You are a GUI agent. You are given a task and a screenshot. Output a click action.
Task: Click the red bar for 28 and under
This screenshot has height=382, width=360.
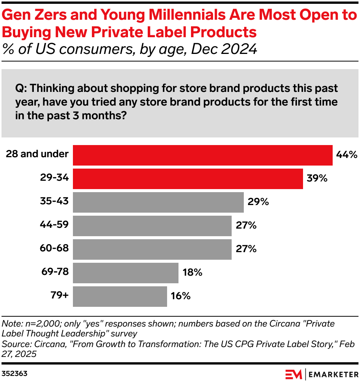tap(202, 155)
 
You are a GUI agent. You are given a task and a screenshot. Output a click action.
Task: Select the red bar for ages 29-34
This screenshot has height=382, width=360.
tap(188, 178)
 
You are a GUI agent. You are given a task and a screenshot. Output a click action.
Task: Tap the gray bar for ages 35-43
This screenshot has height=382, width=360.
tap(158, 202)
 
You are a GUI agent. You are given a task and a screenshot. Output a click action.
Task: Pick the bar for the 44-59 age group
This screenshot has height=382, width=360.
tap(152, 226)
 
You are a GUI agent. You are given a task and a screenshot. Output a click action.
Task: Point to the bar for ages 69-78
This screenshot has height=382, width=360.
tap(125, 273)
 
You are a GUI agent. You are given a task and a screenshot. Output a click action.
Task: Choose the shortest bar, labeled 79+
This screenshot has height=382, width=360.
tap(120, 296)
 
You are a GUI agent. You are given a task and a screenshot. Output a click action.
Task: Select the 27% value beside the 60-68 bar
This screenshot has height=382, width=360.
tap(246, 249)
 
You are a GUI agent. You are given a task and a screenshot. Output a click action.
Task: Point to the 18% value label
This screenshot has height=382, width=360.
tap(193, 273)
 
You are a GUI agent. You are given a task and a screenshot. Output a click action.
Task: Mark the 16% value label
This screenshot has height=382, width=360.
tap(181, 296)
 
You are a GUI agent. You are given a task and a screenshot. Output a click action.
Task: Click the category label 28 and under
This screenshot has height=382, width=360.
tap(37, 154)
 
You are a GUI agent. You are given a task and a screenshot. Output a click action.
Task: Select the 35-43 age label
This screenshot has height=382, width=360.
tap(54, 201)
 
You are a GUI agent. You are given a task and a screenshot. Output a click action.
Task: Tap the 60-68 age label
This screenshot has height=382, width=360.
tap(54, 248)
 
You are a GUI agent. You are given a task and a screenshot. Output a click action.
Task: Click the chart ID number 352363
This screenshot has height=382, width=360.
tap(14, 373)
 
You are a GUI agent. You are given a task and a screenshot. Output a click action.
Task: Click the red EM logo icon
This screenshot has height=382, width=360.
tap(294, 373)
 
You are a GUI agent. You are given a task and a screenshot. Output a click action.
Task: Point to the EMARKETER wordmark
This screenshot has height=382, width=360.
tap(332, 373)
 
